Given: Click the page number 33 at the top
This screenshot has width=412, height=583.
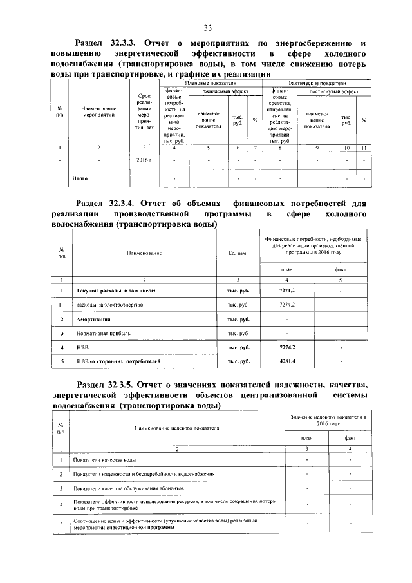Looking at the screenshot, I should (208, 27).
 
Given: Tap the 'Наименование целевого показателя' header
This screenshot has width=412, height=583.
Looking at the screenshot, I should (177, 427).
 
